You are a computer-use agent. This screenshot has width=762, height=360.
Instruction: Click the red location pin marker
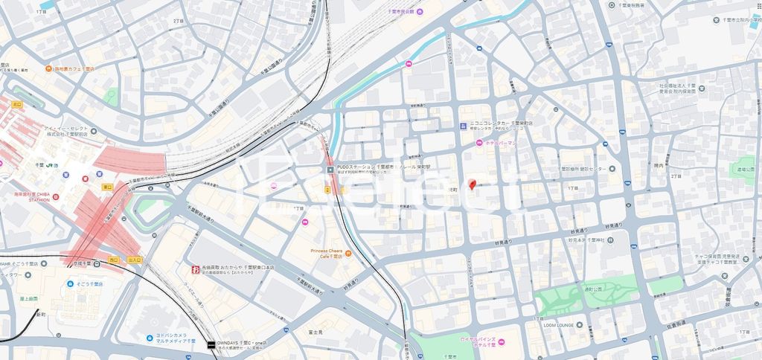(x=471, y=184)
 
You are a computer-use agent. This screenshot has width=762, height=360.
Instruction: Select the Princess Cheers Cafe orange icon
(x=348, y=254)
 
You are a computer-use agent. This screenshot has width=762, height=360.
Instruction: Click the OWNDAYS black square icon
(x=211, y=344)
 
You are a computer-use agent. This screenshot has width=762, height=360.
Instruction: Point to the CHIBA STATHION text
(x=29, y=199)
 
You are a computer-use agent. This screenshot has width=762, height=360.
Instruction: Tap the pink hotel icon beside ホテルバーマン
(x=480, y=143)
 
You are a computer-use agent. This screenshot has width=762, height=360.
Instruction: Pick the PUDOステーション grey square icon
(x=331, y=170)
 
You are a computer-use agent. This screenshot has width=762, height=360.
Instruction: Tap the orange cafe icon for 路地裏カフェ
(x=47, y=68)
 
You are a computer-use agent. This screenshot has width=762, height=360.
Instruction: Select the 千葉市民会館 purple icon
(x=421, y=12)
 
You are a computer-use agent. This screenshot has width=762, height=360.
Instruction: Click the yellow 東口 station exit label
(x=107, y=187)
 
